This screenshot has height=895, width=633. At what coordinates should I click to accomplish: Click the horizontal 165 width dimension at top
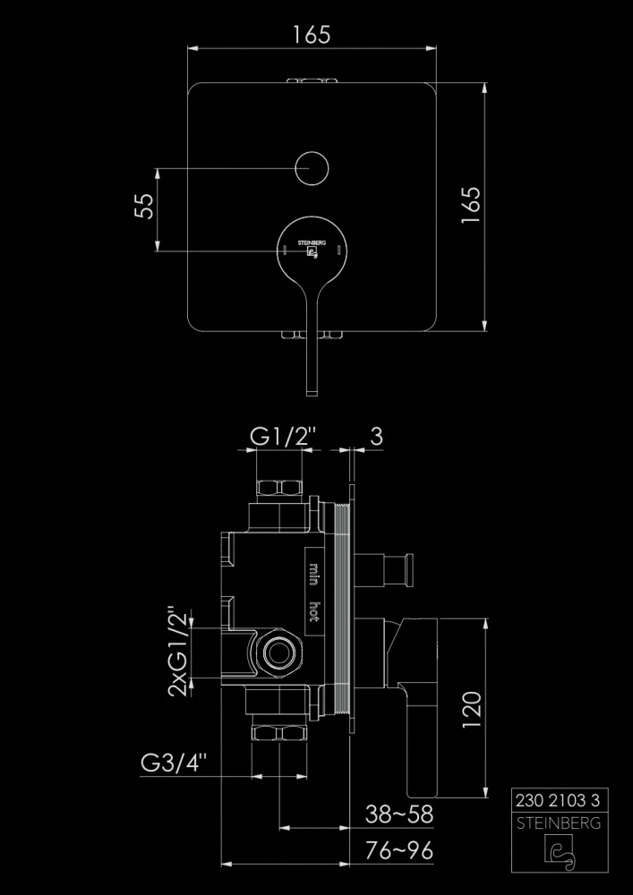[312, 35]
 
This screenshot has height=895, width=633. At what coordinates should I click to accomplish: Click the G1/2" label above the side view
[283, 437]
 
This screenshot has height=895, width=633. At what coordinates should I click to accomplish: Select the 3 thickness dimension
[376, 437]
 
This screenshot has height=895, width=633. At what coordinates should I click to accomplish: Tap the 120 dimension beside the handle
[473, 712]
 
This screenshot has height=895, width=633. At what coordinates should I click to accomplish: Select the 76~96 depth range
[399, 850]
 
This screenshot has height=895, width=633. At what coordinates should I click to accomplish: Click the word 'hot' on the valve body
[315, 611]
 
